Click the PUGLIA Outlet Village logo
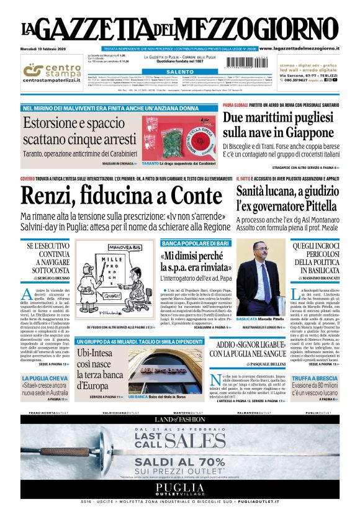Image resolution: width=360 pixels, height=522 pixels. tap(179, 488)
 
